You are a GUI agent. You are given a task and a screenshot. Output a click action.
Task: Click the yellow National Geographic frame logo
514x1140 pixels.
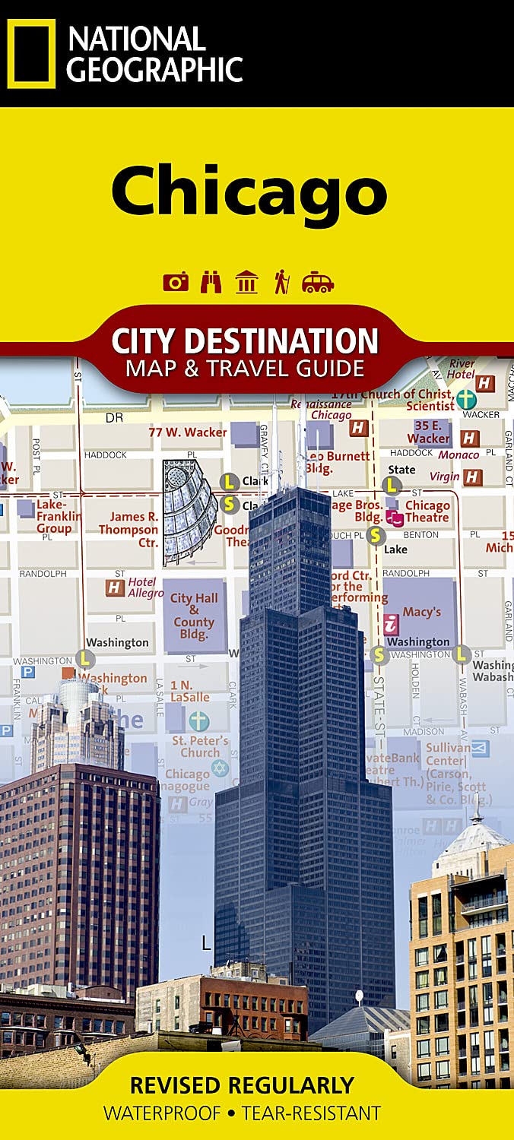point(31,54)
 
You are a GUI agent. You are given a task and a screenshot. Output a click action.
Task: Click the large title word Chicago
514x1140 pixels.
point(249,191)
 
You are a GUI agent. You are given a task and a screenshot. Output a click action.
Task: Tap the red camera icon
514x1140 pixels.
point(176,283)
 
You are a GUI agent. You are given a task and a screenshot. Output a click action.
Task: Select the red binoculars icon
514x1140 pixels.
point(211,283)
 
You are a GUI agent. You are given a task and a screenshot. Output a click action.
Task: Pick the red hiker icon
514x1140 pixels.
point(282,282)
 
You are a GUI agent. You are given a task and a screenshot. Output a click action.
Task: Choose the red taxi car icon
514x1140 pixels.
point(317,283)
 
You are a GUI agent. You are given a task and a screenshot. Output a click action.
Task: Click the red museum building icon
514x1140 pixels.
point(246,282)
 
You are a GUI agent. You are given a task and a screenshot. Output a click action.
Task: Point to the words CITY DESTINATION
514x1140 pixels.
point(245,340)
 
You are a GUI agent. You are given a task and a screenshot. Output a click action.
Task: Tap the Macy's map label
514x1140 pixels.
point(422,612)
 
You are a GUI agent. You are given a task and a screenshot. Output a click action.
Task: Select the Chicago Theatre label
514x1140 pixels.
point(427,511)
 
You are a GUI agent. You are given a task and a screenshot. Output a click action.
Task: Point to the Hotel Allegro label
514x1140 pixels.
point(145,587)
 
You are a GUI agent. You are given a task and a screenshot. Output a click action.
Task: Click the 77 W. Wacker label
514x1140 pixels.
point(188,432)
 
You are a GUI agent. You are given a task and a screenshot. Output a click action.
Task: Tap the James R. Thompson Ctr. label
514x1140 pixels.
point(128,529)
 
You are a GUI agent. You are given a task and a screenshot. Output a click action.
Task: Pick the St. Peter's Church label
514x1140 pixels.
point(200,746)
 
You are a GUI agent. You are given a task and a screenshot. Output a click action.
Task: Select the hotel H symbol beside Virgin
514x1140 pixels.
point(473,477)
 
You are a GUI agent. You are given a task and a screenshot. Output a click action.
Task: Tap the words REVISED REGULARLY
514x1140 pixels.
point(242,1085)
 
